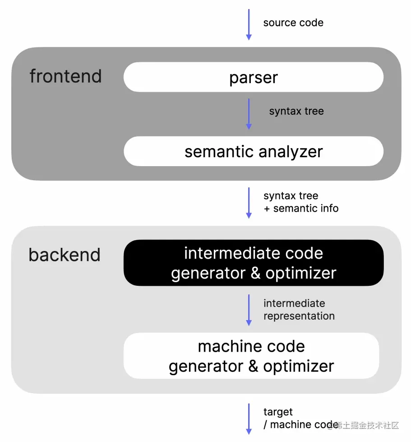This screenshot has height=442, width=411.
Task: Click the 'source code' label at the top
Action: click(293, 23)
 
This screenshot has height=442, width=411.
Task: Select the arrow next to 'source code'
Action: click(249, 24)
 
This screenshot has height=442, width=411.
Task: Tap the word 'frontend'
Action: click(65, 76)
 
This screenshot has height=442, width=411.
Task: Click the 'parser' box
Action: click(254, 77)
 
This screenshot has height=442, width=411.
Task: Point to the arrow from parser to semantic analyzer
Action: click(249, 114)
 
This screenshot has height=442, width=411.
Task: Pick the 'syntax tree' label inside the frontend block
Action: click(296, 111)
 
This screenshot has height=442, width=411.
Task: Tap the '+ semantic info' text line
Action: click(301, 208)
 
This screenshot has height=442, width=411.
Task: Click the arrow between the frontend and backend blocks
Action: click(249, 203)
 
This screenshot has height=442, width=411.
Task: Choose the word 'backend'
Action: click(65, 255)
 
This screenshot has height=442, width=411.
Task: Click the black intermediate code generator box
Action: click(254, 263)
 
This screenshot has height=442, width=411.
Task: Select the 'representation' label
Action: click(299, 316)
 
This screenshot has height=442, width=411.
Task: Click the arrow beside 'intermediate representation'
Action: click(249, 310)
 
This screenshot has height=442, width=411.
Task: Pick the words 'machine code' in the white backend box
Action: click(251, 346)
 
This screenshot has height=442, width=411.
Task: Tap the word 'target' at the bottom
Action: click(278, 412)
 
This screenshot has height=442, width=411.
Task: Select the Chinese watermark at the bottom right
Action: click(368, 425)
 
